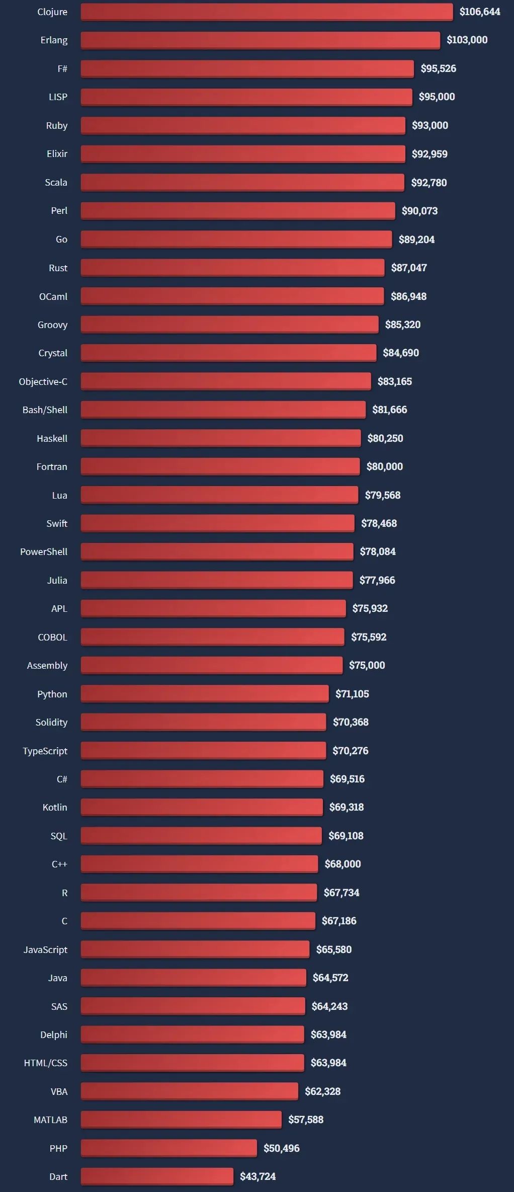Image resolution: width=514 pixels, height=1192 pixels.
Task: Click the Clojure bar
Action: [267, 12]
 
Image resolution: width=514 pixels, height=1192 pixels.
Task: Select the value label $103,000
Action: [467, 40]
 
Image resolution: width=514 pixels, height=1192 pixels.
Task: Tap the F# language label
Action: [62, 68]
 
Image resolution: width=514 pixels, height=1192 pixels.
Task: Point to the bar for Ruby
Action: [243, 125]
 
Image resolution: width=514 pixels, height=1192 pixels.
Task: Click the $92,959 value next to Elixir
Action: [430, 154]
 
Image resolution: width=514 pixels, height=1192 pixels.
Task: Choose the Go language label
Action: [61, 240]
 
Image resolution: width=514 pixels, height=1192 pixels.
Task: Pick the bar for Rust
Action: [232, 268]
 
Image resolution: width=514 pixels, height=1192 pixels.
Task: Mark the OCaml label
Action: [53, 296]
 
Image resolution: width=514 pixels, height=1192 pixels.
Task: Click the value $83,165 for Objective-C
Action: [395, 381]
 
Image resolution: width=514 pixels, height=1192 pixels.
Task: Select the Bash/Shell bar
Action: [223, 410]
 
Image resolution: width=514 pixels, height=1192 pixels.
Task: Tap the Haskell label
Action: [52, 438]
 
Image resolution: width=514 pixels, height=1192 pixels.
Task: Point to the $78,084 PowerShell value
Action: [378, 551]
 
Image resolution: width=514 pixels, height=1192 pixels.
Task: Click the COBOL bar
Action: [212, 637]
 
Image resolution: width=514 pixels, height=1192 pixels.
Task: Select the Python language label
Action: [52, 694]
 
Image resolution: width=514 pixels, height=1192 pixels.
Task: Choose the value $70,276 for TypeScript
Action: [351, 751]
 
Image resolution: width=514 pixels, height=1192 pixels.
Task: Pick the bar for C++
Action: [199, 864]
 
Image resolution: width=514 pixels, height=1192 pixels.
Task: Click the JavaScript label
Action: [45, 949]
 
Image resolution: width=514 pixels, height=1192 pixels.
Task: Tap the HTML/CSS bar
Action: [192, 1063]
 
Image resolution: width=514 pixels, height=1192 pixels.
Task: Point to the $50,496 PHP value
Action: [282, 1148]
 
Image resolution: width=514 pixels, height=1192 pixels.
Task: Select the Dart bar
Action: [157, 1176]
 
